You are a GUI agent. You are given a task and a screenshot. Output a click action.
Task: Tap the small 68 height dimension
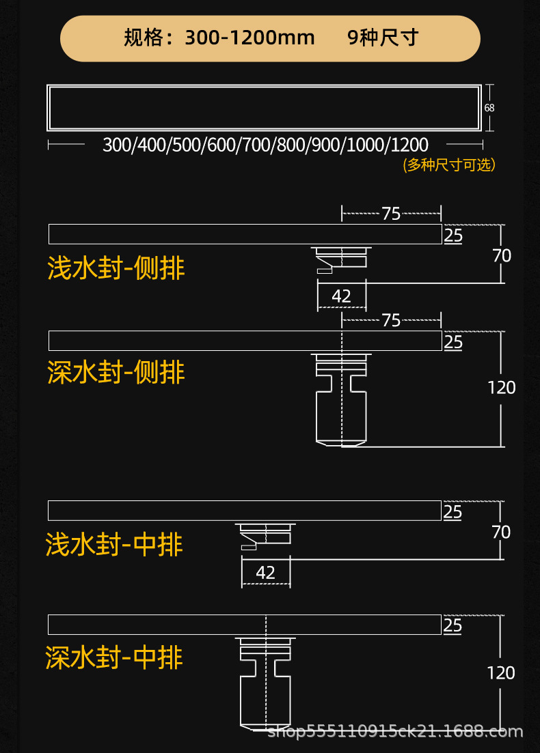(x=489, y=108)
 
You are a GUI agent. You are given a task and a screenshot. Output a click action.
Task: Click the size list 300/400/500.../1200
(x=265, y=145)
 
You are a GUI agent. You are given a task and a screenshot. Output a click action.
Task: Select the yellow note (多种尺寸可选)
(x=449, y=165)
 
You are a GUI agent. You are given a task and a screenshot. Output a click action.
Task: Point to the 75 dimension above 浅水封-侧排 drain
(x=391, y=214)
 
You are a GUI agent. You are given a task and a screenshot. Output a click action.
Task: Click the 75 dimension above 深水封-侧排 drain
(x=391, y=320)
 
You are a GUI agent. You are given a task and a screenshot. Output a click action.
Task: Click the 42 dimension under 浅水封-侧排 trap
(x=341, y=296)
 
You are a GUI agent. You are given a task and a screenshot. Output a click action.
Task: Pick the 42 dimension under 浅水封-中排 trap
(x=265, y=572)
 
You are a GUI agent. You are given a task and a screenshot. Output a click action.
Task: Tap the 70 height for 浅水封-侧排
(x=502, y=256)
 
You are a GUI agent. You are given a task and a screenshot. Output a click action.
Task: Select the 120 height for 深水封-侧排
(x=502, y=388)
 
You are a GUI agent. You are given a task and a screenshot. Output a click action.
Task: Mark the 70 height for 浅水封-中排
(x=501, y=532)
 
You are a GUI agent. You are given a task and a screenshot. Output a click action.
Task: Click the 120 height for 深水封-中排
(x=501, y=672)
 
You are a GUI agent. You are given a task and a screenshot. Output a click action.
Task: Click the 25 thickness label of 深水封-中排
(x=453, y=625)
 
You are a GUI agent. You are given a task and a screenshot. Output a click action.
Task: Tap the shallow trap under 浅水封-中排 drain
(x=265, y=536)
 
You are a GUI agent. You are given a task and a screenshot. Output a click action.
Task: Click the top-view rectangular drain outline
(x=265, y=108)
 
